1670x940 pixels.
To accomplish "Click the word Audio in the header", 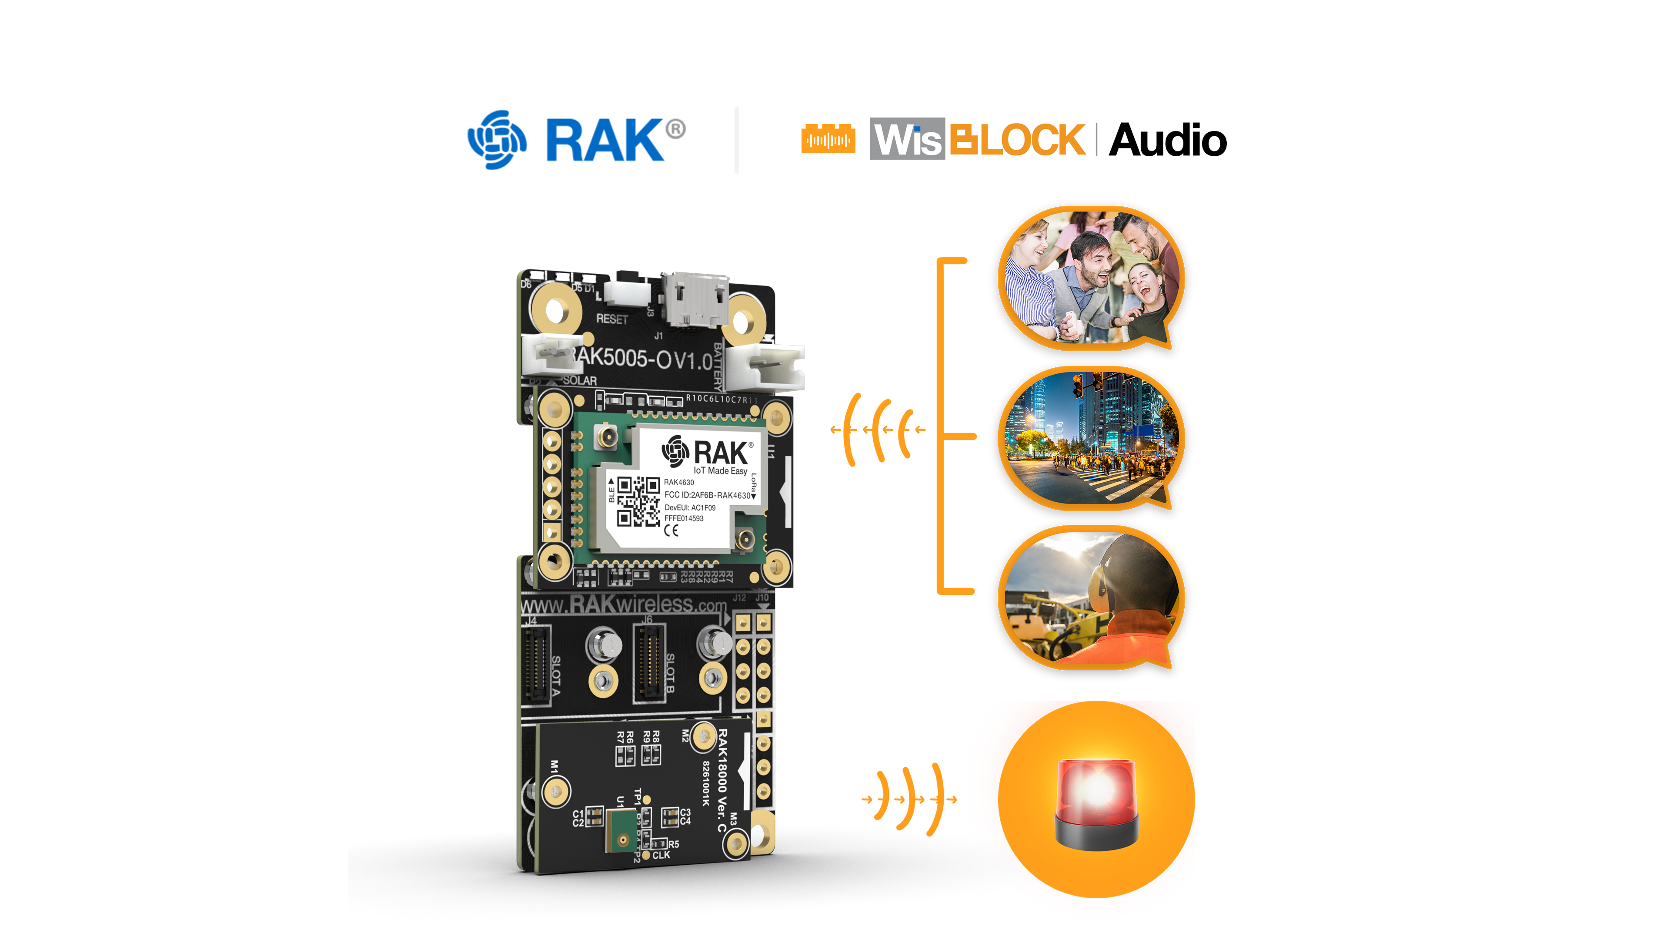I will click(x=1167, y=140).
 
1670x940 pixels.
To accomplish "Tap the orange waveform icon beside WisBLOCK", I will click(x=828, y=139).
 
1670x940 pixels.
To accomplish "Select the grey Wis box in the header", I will click(x=906, y=139).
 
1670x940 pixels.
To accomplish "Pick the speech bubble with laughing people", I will click(x=1091, y=278).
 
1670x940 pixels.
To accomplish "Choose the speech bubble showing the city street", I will click(x=1091, y=438).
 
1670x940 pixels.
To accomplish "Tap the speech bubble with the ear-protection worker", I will click(x=1091, y=598).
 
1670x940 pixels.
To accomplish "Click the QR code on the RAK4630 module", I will click(x=638, y=501).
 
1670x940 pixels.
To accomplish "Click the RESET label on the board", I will click(x=611, y=319).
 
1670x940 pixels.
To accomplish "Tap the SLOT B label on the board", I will click(x=670, y=673).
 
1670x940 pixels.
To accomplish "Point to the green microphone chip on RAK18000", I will click(x=621, y=830).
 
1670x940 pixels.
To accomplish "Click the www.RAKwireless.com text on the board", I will click(x=624, y=604).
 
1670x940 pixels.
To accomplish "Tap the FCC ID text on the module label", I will click(x=707, y=495).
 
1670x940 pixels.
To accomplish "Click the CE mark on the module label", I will click(x=671, y=530).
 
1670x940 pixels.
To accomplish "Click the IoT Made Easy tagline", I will click(x=720, y=471).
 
